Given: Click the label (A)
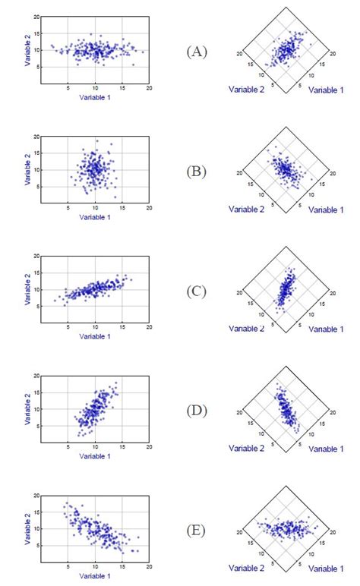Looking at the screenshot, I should pyautogui.click(x=197, y=52).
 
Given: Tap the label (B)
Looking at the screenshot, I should pyautogui.click(x=197, y=171).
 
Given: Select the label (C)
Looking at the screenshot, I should pyautogui.click(x=197, y=291).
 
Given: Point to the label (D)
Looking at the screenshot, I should pyautogui.click(x=197, y=411).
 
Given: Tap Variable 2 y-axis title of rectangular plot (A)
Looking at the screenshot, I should pyautogui.click(x=28, y=49).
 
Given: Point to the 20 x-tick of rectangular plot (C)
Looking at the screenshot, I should pyautogui.click(x=149, y=327).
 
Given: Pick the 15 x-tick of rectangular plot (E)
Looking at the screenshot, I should pyautogui.click(x=122, y=566).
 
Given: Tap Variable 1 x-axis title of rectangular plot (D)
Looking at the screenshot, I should pyautogui.click(x=96, y=456).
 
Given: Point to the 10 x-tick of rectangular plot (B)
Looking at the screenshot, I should pyautogui.click(x=96, y=207).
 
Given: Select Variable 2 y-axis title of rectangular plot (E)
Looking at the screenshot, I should pyautogui.click(x=28, y=528).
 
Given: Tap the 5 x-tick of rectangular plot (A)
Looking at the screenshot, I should pyautogui.click(x=68, y=88).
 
